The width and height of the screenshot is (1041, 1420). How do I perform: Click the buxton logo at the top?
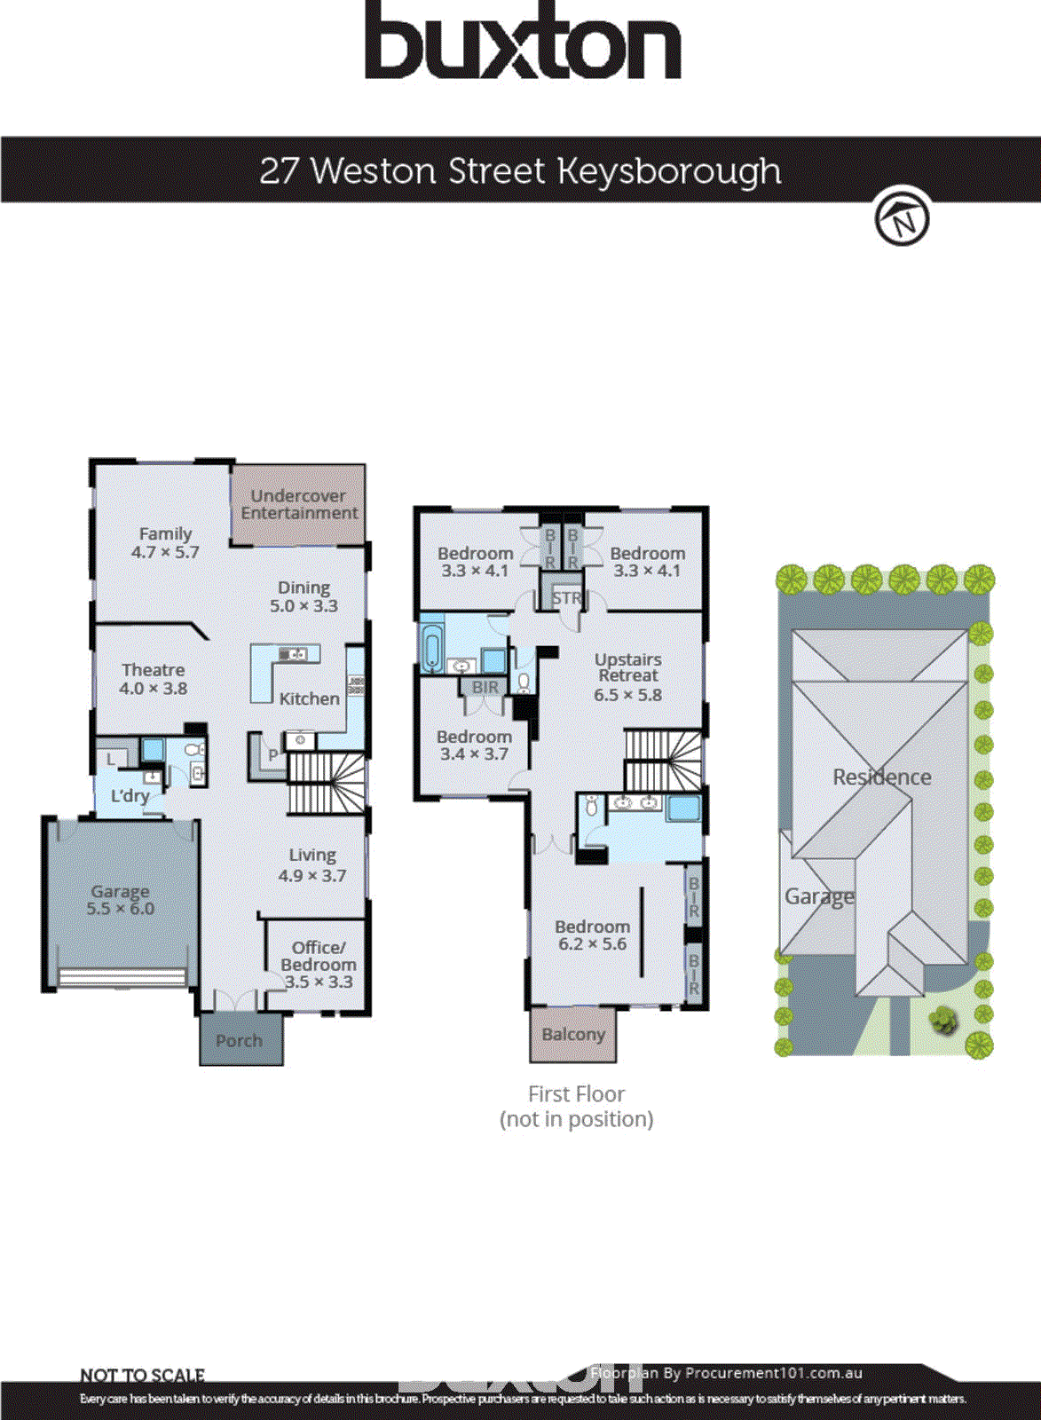pos(522,42)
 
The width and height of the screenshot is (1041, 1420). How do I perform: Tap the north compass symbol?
pos(902,217)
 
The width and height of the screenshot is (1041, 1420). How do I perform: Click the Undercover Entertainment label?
pos(299,504)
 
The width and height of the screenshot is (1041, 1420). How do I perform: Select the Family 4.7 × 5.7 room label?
pos(165,542)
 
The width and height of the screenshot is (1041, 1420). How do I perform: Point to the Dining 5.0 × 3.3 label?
pos(304,596)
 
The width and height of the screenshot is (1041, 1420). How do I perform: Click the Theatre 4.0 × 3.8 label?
pos(154,679)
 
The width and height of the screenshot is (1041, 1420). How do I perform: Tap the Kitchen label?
pos(309,698)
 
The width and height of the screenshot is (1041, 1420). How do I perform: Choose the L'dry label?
pos(130,795)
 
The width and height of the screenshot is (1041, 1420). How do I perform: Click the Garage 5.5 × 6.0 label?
pos(121,899)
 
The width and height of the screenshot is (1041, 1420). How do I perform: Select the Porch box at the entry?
pos(240,1040)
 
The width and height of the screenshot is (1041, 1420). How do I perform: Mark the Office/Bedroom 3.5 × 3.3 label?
pos(318,964)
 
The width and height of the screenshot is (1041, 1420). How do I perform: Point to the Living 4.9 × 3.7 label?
pos(312,864)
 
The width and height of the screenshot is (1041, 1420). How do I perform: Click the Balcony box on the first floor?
pos(573,1034)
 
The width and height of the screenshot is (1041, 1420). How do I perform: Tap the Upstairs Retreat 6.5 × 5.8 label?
pos(627,676)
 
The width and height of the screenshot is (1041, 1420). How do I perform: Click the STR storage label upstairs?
pos(565,598)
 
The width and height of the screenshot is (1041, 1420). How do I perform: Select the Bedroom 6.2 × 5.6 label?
pos(592,935)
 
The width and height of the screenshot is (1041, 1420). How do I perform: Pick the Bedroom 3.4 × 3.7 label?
pos(474,745)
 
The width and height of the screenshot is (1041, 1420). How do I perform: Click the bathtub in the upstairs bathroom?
pos(432,649)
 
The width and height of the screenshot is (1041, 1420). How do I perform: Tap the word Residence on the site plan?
pos(881,777)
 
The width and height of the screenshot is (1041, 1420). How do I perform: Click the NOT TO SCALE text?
pos(142,1375)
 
